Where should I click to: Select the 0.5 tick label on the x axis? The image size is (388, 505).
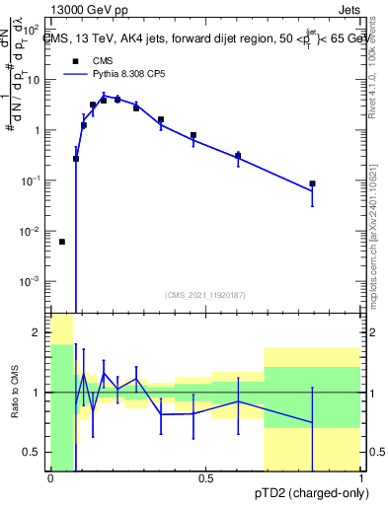[206, 479]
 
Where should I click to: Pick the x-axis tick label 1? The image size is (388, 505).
[361, 479]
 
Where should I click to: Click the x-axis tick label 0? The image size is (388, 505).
[50, 479]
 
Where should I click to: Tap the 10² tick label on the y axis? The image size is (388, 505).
[32, 29]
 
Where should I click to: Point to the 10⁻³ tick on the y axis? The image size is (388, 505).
[32, 281]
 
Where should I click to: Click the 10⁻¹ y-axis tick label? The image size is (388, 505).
[32, 180]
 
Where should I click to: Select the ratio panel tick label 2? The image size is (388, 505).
[37, 332]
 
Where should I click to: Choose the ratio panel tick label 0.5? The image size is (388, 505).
[33, 453]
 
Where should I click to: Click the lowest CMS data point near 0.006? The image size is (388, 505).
[62, 242]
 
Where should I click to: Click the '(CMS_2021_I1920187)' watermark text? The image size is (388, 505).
[205, 294]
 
